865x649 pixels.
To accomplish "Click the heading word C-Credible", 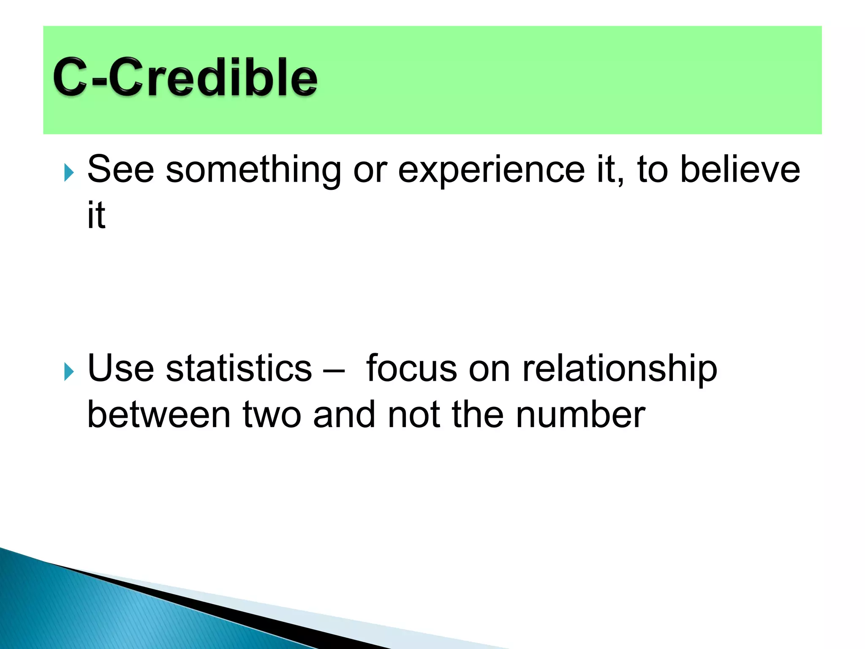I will coord(185,78).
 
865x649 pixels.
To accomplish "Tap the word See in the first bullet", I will coord(121,169).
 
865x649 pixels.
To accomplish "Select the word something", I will coord(253,170).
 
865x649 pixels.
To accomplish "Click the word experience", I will coord(492,170).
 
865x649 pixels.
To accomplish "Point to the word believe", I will coord(740,169).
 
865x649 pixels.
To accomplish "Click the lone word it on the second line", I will coord(96,215).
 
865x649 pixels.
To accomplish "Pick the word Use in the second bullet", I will coord(121,368).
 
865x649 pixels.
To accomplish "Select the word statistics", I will coord(239,368).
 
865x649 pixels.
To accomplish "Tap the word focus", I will coord(411,368).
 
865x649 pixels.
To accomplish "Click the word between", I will coord(159,414).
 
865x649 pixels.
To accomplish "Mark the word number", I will coord(580,414).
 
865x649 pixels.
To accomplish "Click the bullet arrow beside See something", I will coord(69,173).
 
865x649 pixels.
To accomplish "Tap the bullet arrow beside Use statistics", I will coord(69,372).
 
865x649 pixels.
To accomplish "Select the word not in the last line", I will coord(413,414).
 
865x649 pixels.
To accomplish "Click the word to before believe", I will coord(652,169).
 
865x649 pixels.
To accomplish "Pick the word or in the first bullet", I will coord(370,170).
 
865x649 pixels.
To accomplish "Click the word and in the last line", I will coord(344,414).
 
